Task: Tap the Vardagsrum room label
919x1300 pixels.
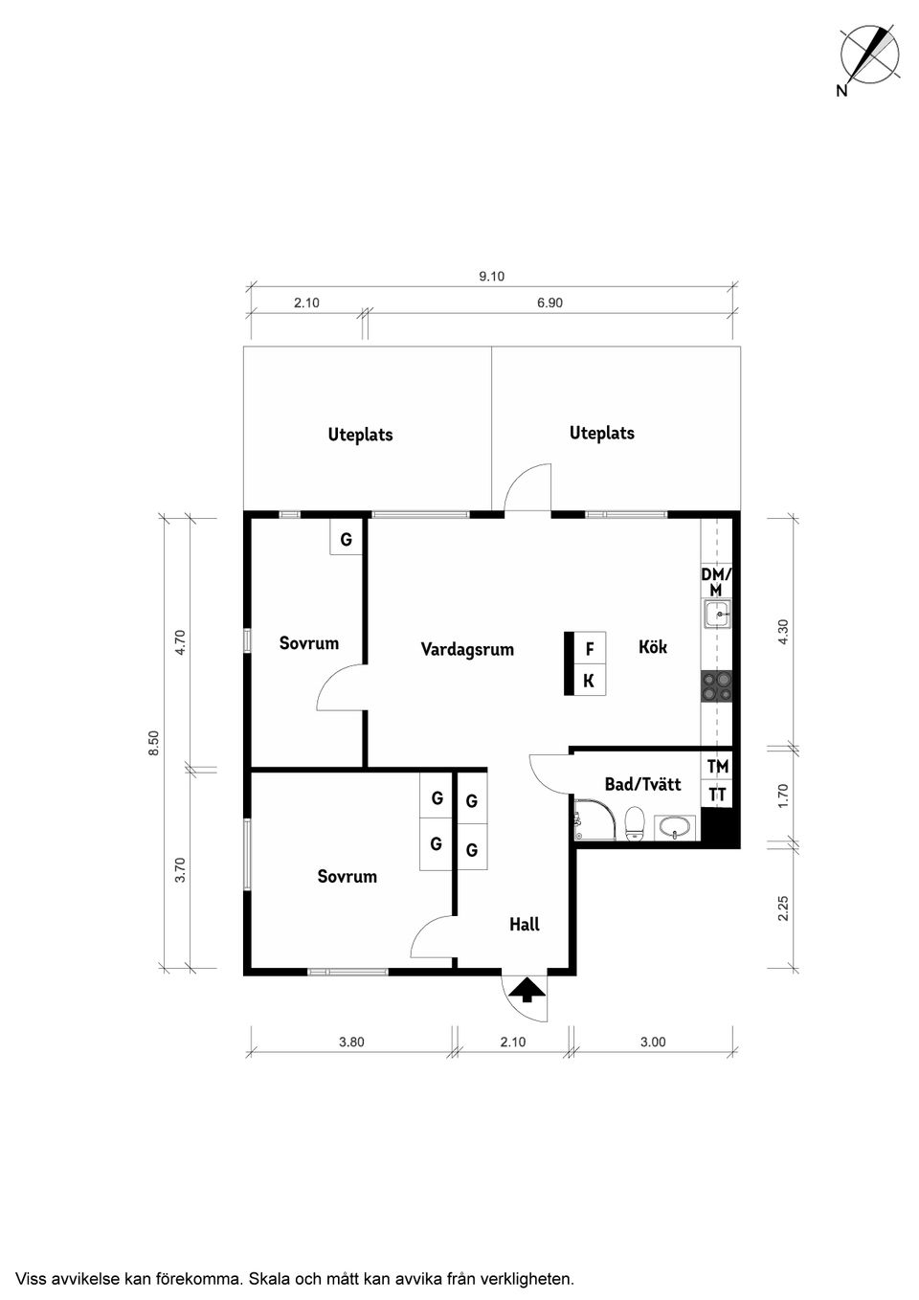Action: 467,650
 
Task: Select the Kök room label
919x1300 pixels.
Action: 653,647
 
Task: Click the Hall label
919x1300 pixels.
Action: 525,924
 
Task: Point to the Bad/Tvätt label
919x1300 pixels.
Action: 642,785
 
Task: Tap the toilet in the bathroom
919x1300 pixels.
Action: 634,823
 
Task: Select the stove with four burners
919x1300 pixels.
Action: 717,686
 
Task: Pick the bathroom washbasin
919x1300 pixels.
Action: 678,827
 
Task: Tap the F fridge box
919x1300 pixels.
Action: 590,649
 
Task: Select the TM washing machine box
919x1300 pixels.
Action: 717,767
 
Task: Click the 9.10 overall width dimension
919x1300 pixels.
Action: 491,277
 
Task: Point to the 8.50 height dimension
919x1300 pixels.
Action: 153,743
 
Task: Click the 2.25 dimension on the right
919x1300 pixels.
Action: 783,908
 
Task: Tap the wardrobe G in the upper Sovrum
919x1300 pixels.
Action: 347,540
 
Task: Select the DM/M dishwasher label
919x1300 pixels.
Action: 716,582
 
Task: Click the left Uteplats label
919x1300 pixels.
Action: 360,435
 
